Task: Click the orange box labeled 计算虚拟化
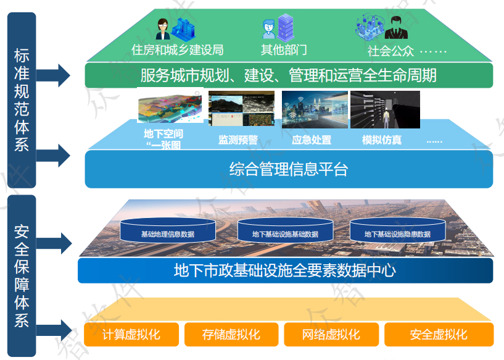[131, 335]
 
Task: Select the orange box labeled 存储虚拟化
[231, 335]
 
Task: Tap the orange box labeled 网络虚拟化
[331, 335]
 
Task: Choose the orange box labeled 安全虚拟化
[439, 335]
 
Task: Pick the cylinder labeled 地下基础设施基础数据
[285, 231]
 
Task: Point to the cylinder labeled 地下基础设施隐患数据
[397, 231]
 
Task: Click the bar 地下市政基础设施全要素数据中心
[285, 270]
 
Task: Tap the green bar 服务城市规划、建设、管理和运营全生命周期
[289, 75]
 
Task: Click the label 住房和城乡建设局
[178, 49]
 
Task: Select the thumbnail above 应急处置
[315, 109]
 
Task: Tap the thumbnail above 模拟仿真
[385, 109]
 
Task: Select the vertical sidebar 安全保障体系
[22, 275]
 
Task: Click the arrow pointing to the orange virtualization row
[60, 327]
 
